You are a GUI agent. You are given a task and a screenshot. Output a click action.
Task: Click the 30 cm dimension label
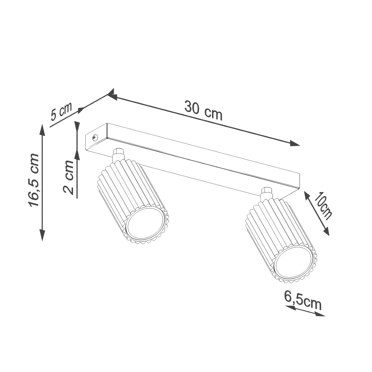click(203, 110)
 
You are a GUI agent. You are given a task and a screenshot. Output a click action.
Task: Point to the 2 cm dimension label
click(69, 177)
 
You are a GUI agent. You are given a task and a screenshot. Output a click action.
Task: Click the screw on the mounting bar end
click(95, 137)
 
